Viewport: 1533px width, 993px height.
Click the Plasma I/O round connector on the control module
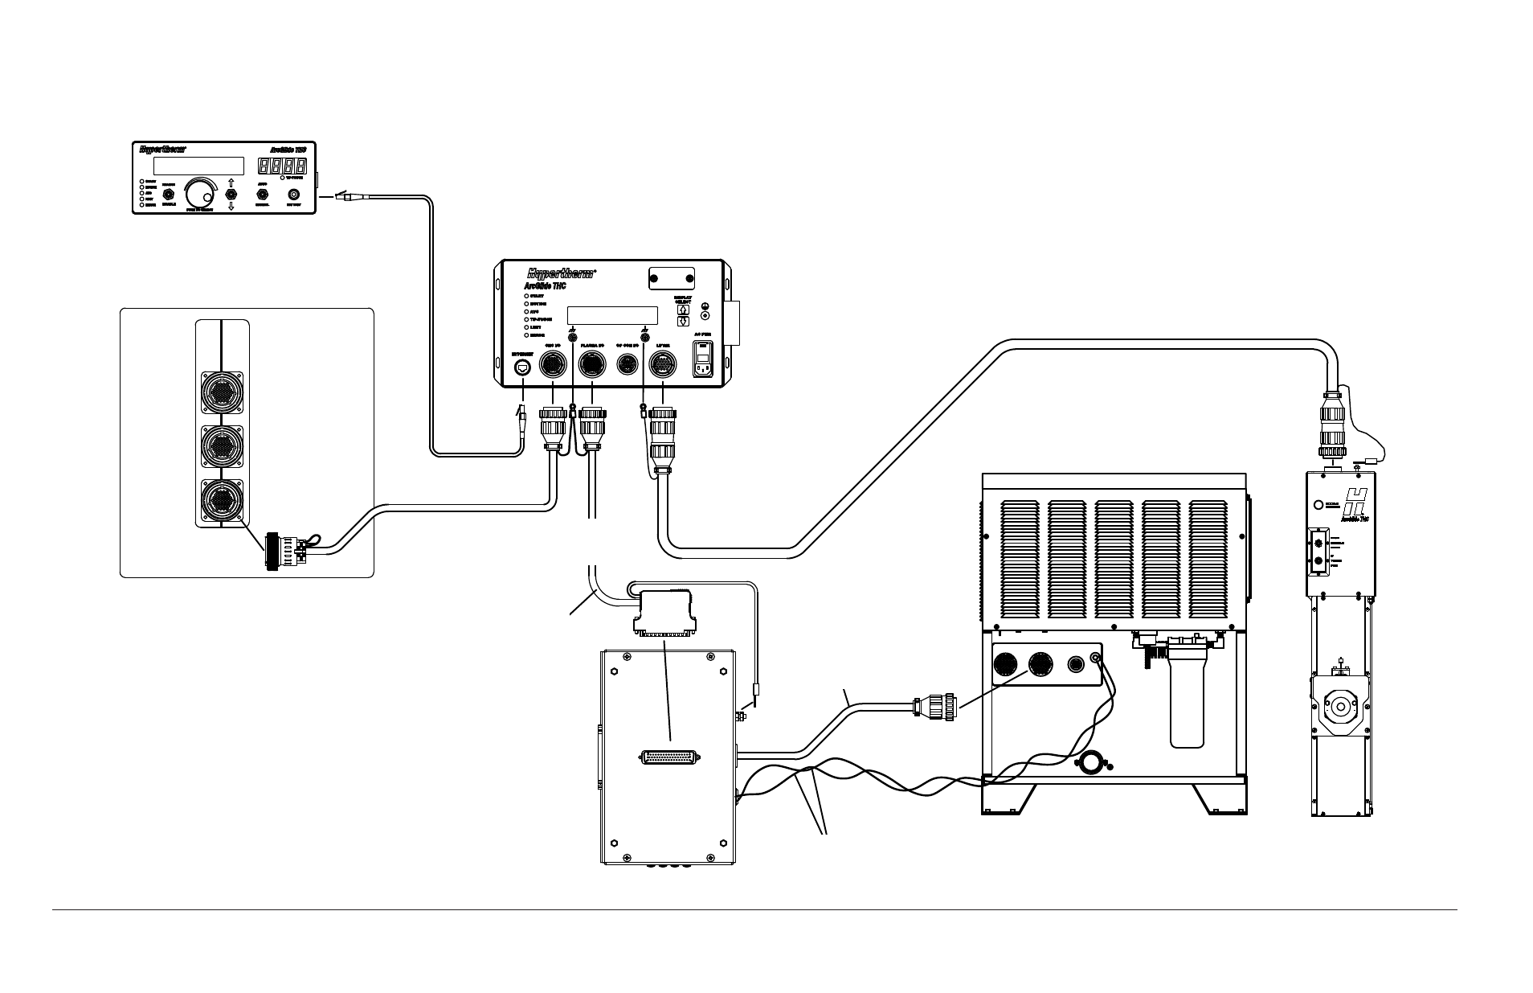click(x=592, y=365)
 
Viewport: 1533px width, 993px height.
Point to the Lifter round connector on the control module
click(x=664, y=365)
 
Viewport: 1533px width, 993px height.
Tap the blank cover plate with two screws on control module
click(x=671, y=278)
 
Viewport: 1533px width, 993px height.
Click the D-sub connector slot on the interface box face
click(x=670, y=757)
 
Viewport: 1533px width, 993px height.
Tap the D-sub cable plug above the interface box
click(x=662, y=611)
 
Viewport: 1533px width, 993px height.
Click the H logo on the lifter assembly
click(x=1356, y=504)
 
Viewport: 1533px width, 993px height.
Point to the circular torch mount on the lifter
click(x=1340, y=707)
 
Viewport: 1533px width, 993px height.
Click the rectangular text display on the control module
click(x=612, y=315)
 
